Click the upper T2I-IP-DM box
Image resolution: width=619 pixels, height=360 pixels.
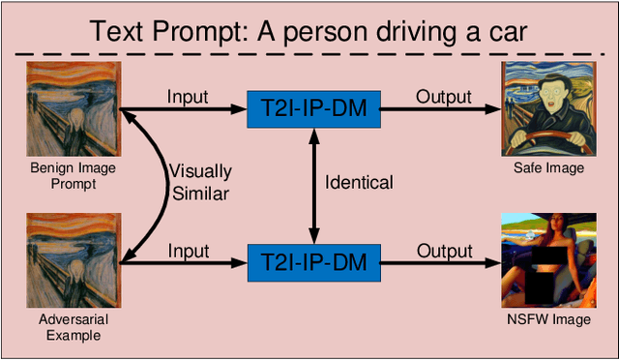pos(313,109)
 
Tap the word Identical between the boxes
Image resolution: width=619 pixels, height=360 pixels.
pos(359,182)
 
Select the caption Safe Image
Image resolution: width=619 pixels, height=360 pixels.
pos(548,168)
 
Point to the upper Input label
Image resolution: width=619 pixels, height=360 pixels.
pos(188,97)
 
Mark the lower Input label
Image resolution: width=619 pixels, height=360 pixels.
pos(188,251)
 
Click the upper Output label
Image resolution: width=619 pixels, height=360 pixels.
pos(444,97)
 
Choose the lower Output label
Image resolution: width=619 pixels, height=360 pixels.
pos(444,251)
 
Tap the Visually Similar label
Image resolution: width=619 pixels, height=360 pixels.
pos(200,182)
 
